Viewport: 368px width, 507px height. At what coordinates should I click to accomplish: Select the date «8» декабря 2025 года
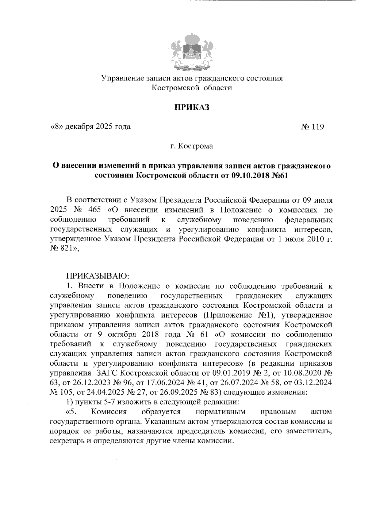(90, 127)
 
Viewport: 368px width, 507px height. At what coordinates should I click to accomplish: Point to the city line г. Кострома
(192, 146)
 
